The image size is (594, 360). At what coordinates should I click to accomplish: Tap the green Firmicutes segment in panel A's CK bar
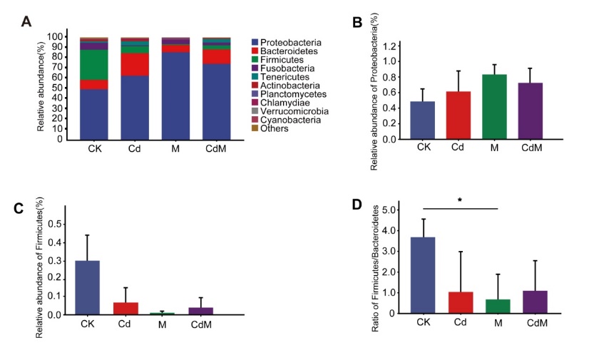pyautogui.click(x=94, y=64)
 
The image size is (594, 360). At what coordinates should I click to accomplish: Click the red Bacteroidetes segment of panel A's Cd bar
pyautogui.click(x=135, y=65)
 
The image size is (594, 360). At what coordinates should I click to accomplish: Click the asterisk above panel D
pyautogui.click(x=459, y=202)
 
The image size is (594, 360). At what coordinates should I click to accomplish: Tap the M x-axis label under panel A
pyautogui.click(x=175, y=150)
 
